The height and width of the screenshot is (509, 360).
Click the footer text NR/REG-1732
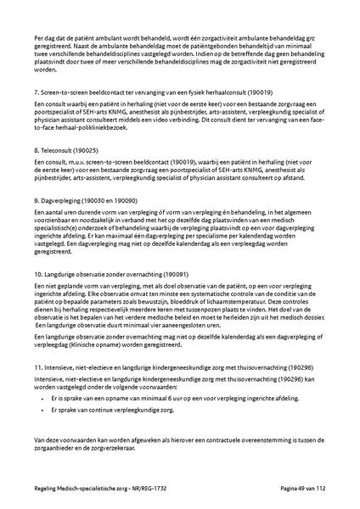149,489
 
